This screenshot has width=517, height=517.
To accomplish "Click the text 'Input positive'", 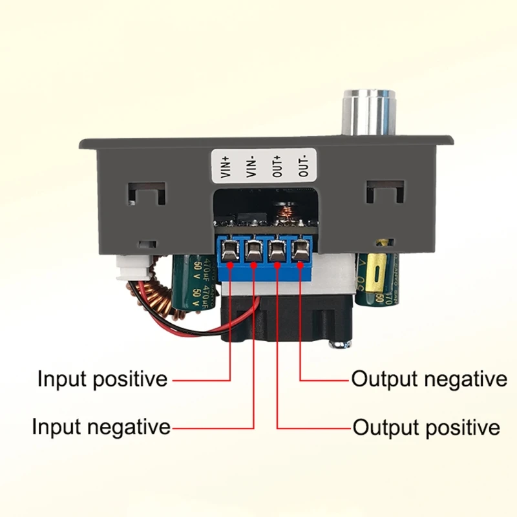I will point(102,379).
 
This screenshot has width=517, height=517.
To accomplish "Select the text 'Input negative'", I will point(101,427).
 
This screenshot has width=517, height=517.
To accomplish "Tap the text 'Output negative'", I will point(429,379).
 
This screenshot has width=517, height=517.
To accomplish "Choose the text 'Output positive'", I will point(427,427).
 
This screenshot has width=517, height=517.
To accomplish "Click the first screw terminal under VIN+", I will point(229,249).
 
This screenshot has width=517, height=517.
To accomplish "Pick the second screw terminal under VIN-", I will point(253,249).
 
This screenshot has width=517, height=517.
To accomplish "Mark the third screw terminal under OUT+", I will point(277,249).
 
